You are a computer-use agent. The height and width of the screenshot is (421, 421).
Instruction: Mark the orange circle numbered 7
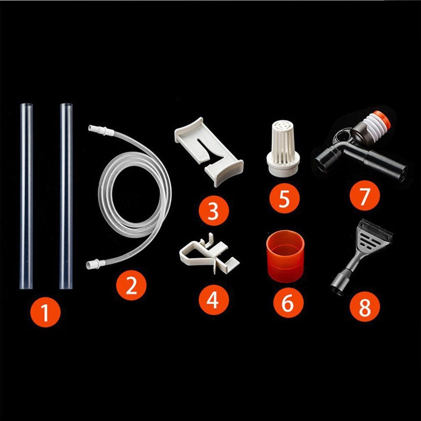(x=365, y=196)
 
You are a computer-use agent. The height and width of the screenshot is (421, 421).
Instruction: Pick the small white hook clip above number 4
(x=209, y=254)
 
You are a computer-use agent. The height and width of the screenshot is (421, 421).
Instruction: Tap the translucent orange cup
(x=285, y=256)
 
